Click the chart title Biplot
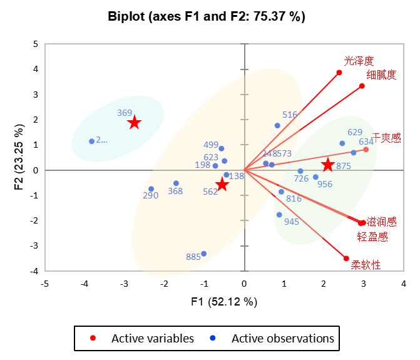(x=207, y=17)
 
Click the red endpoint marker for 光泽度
(x=339, y=73)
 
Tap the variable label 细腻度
(x=382, y=75)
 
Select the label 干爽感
(x=386, y=137)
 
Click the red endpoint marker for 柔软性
(x=346, y=258)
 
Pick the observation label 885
(x=193, y=257)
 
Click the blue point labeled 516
(x=277, y=125)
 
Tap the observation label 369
(x=125, y=113)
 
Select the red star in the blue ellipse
(x=134, y=123)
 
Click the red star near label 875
(x=328, y=165)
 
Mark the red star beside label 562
(x=222, y=184)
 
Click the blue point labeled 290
(x=151, y=189)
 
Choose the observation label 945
(x=292, y=222)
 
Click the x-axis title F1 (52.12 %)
(x=224, y=302)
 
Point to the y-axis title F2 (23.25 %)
(x=18, y=158)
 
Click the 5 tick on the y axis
(x=36, y=44)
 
